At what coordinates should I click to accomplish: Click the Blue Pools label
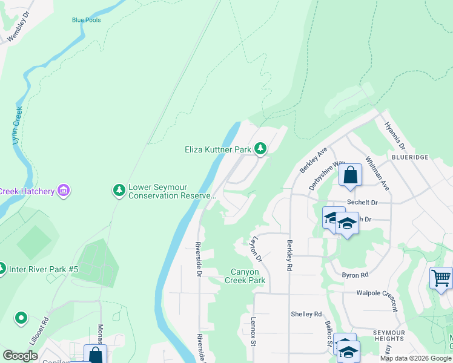pyautogui.click(x=86, y=20)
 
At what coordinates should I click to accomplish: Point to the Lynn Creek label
pyautogui.click(x=17, y=126)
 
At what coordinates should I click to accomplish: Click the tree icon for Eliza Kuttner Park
pyautogui.click(x=260, y=148)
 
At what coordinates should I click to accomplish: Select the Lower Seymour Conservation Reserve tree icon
pyautogui.click(x=119, y=191)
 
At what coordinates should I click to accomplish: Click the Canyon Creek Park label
pyautogui.click(x=245, y=276)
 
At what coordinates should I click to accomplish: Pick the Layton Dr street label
pyautogui.click(x=259, y=249)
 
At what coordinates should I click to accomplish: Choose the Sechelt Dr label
pyautogui.click(x=362, y=203)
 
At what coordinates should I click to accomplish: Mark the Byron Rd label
pyautogui.click(x=355, y=275)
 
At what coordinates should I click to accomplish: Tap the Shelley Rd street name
pyautogui.click(x=306, y=314)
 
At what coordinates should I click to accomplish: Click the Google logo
pyautogui.click(x=21, y=356)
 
